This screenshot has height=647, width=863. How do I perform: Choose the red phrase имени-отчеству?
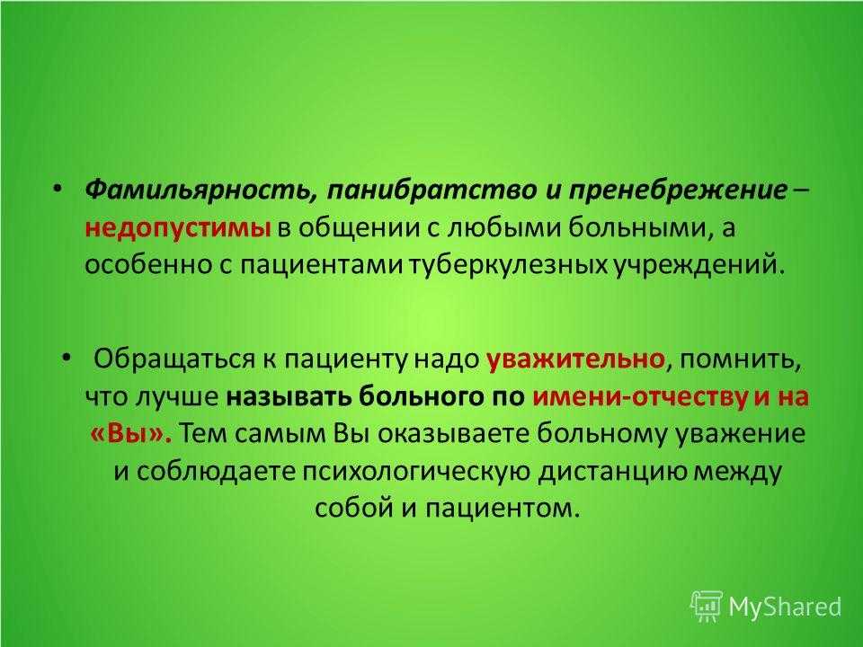point(640,397)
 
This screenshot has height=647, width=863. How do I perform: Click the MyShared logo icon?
point(707,606)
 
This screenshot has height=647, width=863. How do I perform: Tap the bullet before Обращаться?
point(67,359)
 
